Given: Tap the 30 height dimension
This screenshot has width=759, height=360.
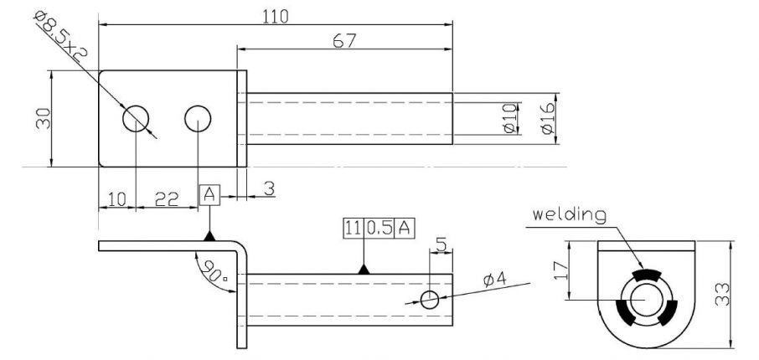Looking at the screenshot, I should pyautogui.click(x=41, y=118).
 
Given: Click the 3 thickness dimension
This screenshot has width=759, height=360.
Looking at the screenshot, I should pyautogui.click(x=269, y=190).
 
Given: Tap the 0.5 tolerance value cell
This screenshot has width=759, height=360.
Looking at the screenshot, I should pyautogui.click(x=381, y=228).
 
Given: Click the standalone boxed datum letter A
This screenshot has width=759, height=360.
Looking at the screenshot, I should pyautogui.click(x=209, y=196).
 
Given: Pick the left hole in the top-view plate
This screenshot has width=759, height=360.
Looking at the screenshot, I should pyautogui.click(x=135, y=118).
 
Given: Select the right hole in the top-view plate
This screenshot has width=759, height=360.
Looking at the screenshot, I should pyautogui.click(x=197, y=118).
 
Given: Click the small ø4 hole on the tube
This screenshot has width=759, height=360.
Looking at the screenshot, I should pyautogui.click(x=430, y=299).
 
